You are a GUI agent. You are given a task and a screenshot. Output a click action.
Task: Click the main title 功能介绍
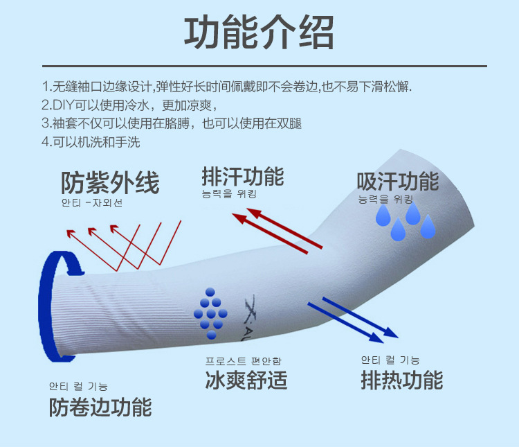coord(259,32)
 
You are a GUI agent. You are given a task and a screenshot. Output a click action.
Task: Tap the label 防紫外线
coord(110,182)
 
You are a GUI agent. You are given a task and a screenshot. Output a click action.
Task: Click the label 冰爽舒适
coord(246,380)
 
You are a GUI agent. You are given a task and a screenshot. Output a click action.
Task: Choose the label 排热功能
coord(401,380)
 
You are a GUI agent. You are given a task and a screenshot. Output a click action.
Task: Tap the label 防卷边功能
coord(100,407)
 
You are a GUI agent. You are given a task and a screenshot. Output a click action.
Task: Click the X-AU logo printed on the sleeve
coord(253,313)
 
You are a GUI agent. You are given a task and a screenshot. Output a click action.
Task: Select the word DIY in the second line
coord(55,106)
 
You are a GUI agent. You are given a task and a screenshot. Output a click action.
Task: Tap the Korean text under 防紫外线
coord(91,203)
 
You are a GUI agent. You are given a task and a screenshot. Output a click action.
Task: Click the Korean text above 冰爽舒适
coord(243,361)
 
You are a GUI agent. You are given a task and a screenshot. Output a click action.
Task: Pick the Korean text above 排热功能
coord(390,360)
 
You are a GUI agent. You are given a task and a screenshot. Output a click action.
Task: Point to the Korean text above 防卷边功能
coord(78,386)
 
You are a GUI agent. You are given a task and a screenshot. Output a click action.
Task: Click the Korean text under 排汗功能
coord(229,194)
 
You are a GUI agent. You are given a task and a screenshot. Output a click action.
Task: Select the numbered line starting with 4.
coord(91,142)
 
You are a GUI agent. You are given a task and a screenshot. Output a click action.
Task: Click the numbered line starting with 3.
coord(172,124)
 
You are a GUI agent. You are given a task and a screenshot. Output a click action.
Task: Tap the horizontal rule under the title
coord(259,66)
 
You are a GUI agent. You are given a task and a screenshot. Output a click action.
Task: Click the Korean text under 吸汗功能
coord(385,200)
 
